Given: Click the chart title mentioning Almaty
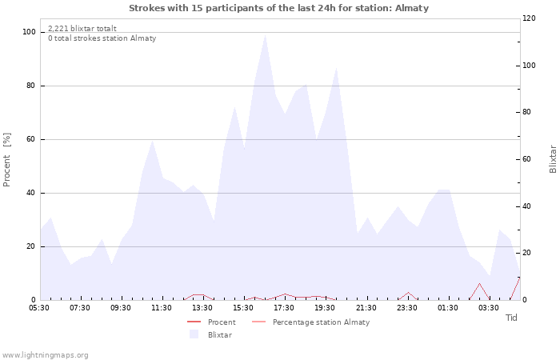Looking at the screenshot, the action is [x=278, y=8].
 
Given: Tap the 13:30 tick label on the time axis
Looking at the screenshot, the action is [x=202, y=308].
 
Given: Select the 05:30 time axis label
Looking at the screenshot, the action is [x=39, y=308].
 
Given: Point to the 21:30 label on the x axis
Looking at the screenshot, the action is [x=366, y=308].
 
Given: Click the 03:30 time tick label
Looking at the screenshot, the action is [x=488, y=308].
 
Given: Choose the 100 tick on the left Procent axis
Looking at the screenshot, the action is [x=29, y=32].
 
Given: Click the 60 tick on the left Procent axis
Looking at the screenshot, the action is [x=30, y=139].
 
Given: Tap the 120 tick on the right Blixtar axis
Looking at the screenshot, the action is [x=529, y=18].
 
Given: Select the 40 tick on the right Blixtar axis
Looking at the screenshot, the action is [x=527, y=206].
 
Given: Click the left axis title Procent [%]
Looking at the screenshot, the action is [x=6, y=160].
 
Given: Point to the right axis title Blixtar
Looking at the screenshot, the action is [x=553, y=159].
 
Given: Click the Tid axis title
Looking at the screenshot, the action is [x=511, y=318].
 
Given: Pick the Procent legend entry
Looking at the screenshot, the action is [x=211, y=322].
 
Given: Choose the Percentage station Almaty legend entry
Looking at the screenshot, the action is [x=310, y=322].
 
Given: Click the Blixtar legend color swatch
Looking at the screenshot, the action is [x=194, y=334].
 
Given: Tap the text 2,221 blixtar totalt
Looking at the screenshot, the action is [x=82, y=28].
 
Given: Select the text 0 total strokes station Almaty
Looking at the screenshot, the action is [x=102, y=38].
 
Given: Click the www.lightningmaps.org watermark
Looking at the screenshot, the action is [x=44, y=355].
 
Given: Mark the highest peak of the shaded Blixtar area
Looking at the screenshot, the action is [x=265, y=34].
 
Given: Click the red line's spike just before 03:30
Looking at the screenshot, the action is [x=479, y=283].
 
